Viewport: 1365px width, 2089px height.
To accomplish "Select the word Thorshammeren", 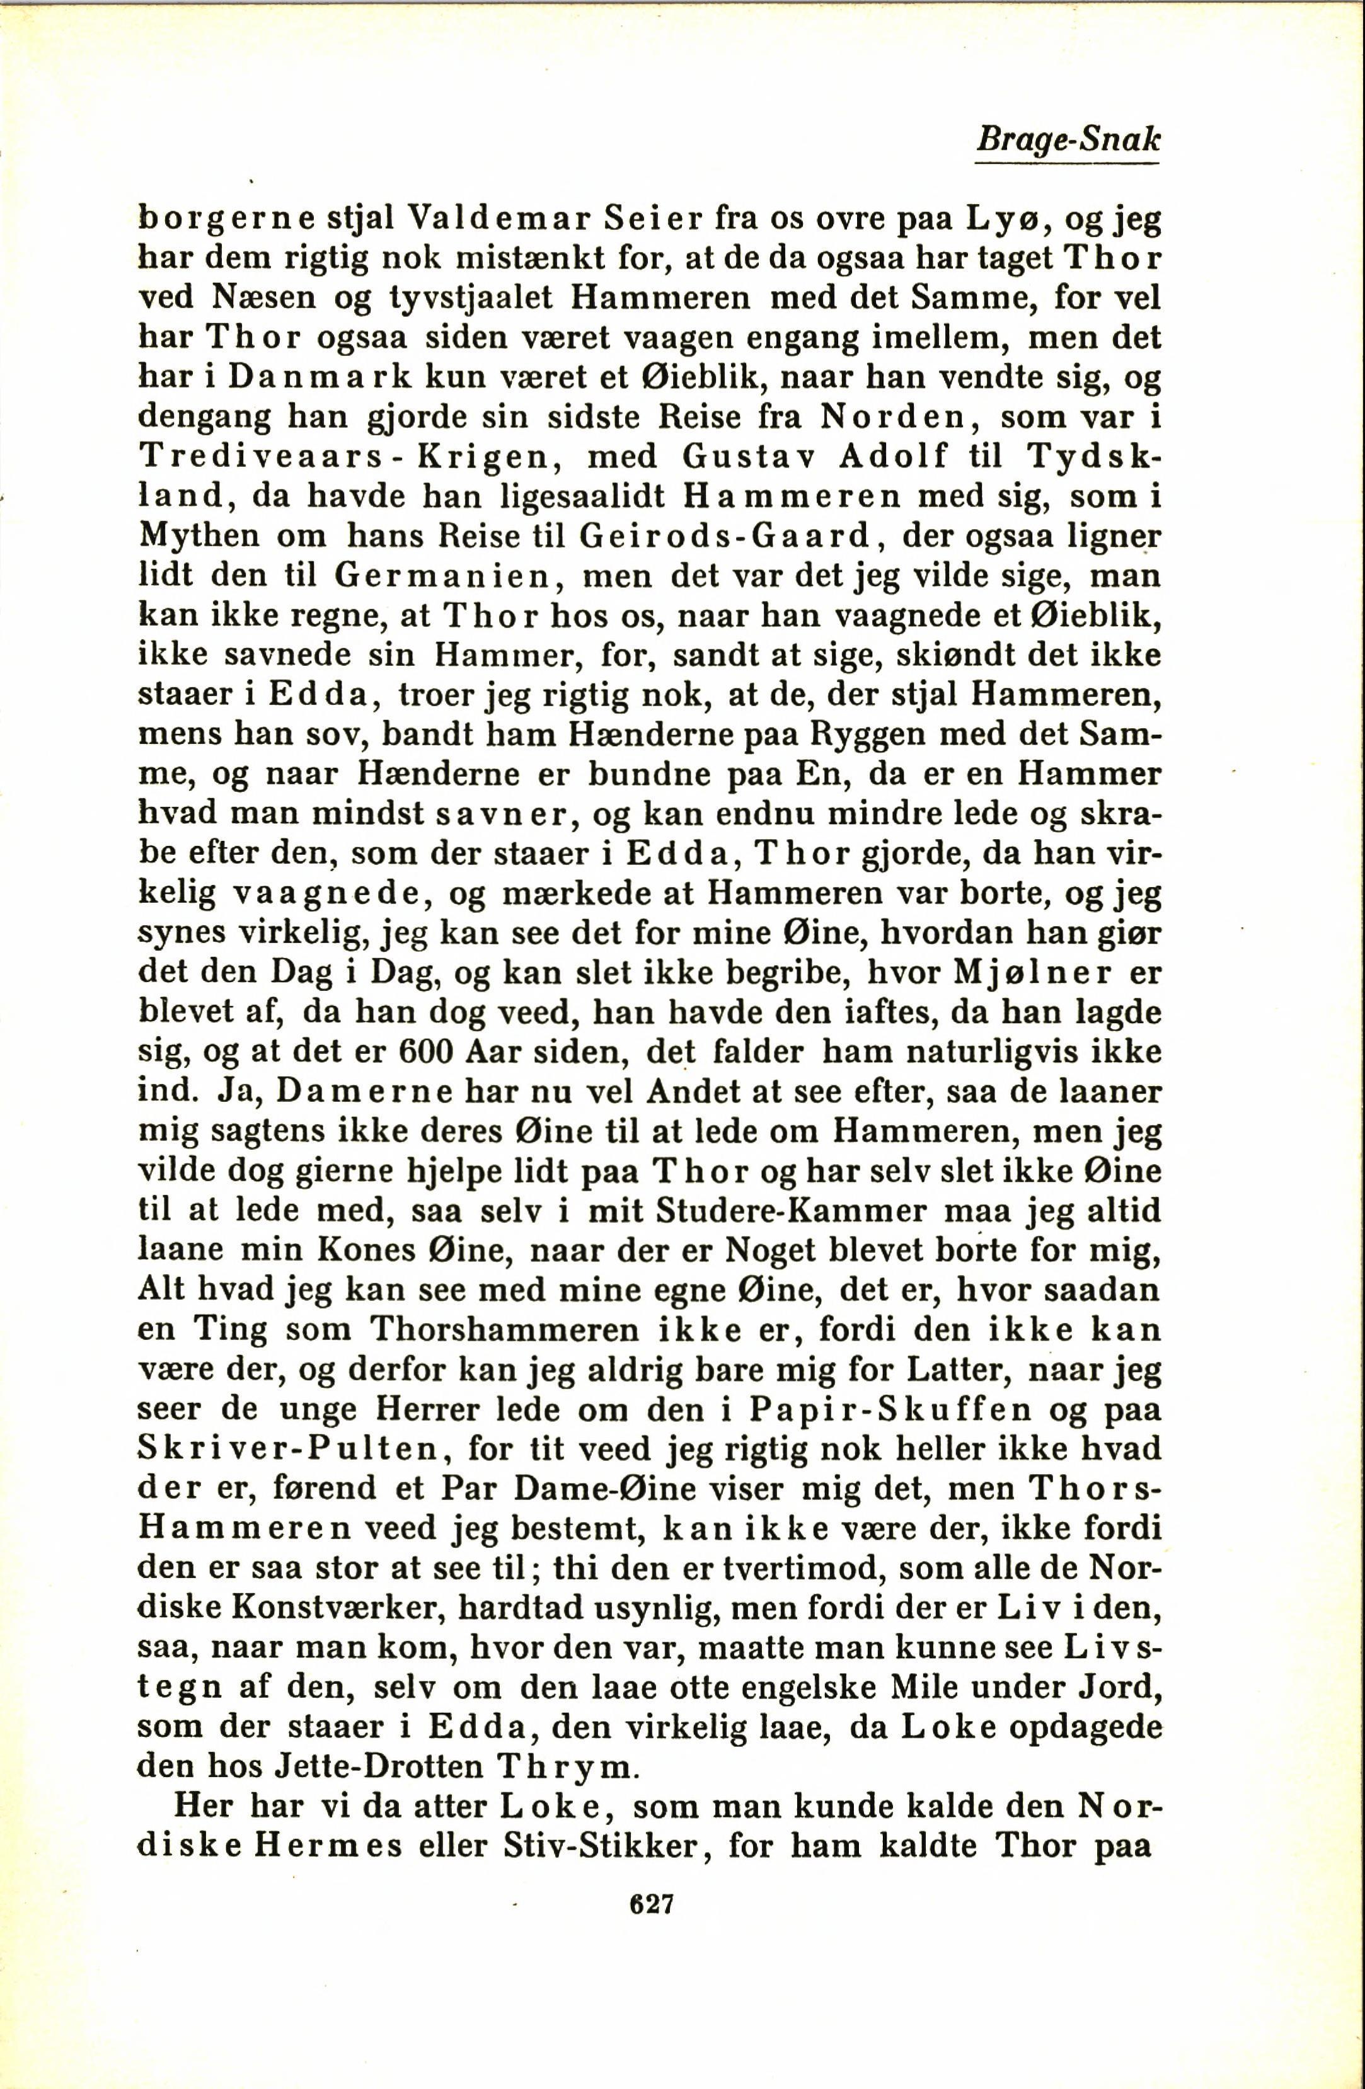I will pyautogui.click(x=504, y=1330).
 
